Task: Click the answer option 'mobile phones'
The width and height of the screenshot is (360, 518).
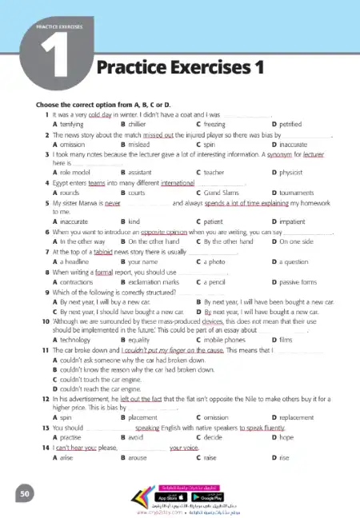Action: (x=226, y=339)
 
